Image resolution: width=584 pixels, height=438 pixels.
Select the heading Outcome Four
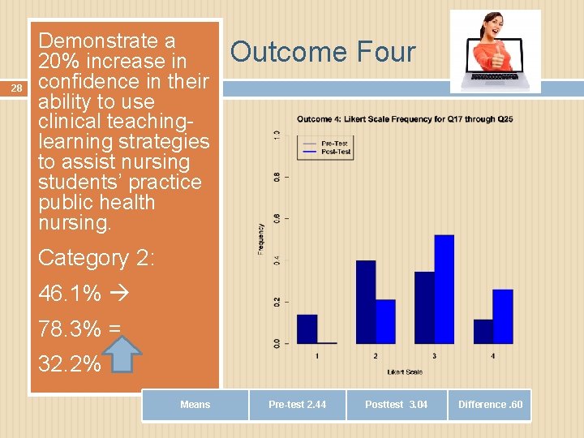tap(322, 53)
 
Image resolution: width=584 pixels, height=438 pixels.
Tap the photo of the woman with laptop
tap(495, 51)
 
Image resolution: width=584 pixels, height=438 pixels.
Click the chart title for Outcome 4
tap(404, 119)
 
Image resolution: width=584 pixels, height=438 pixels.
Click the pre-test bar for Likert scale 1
tap(307, 328)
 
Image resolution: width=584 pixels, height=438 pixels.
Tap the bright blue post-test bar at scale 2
tap(385, 321)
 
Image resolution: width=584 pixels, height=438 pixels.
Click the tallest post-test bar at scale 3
tap(444, 289)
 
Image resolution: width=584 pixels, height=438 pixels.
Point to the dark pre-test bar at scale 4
tap(483, 331)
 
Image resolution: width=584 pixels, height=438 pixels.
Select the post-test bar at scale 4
tap(503, 316)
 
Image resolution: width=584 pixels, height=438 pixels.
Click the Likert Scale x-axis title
tap(404, 371)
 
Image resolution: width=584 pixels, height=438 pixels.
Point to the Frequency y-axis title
tap(261, 239)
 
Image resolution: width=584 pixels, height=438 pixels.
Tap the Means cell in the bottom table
tap(195, 405)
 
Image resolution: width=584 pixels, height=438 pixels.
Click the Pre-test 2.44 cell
tap(298, 405)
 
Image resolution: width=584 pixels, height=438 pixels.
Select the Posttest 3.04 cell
tap(396, 405)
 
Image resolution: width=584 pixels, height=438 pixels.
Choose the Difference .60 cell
tap(490, 405)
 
